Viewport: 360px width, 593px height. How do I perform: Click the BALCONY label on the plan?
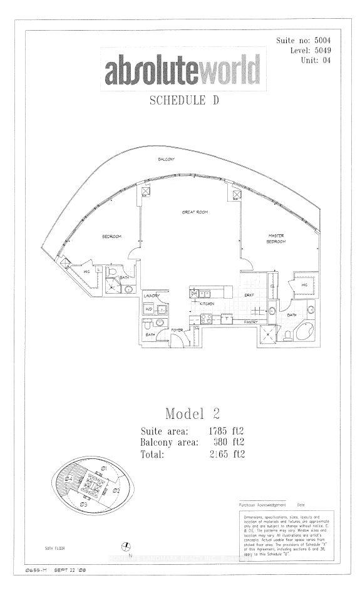(x=166, y=160)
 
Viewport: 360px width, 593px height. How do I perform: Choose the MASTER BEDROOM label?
(x=277, y=239)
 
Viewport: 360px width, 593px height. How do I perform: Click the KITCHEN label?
(x=208, y=304)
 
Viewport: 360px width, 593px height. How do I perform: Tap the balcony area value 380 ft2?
(x=225, y=443)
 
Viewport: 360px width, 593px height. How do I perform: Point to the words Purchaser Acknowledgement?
(x=262, y=505)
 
